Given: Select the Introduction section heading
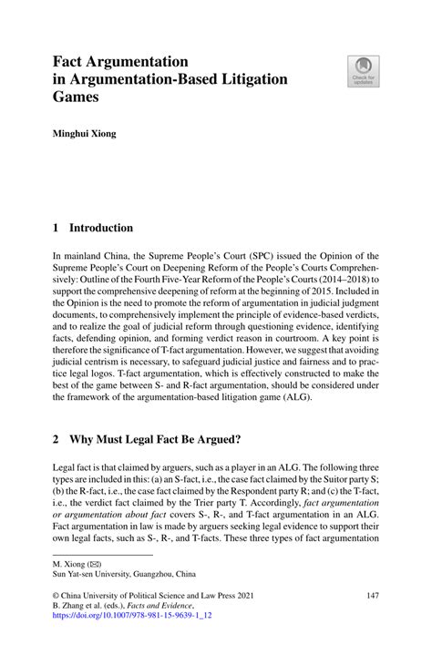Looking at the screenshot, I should tap(104, 228).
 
